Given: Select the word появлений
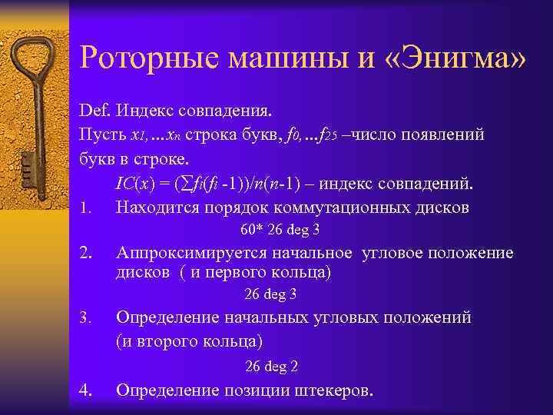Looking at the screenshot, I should (x=445, y=135).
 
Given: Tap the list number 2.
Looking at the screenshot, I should (x=85, y=253).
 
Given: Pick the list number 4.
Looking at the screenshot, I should (x=85, y=390).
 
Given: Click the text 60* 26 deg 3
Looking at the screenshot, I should (x=280, y=229).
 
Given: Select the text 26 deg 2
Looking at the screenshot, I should (x=271, y=366).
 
